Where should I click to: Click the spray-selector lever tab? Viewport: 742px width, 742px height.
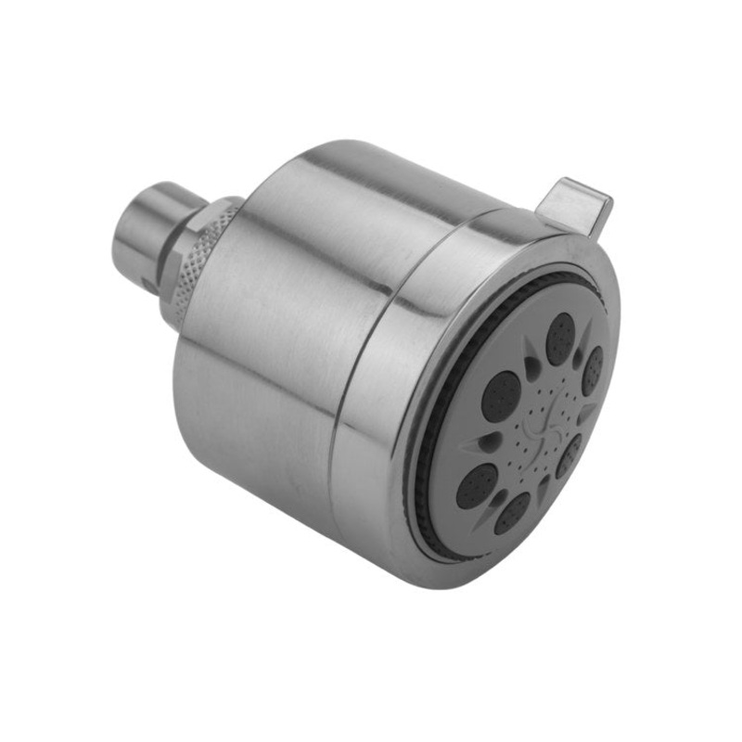point(577,202)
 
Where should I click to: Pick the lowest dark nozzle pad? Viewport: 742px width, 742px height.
point(512,513)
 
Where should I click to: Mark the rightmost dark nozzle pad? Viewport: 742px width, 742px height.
point(592,370)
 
